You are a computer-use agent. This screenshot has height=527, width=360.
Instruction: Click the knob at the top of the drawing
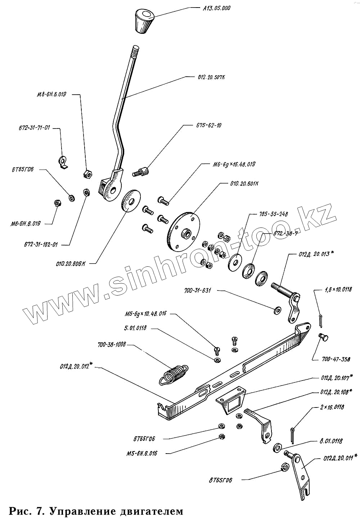coord(144,21)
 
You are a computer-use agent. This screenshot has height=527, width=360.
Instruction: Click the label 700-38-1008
coord(112,345)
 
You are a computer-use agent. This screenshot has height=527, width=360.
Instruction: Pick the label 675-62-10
coord(209,126)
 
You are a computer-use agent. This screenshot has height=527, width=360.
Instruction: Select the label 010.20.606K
coord(71,263)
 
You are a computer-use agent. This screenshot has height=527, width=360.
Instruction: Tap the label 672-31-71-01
coord(34,128)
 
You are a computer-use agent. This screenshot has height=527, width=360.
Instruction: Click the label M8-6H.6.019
coord(51,95)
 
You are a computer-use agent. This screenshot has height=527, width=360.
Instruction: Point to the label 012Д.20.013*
coord(316,254)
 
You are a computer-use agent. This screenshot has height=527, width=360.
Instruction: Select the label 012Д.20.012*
coord(77,367)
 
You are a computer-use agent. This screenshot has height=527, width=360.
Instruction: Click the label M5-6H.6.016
coord(142,453)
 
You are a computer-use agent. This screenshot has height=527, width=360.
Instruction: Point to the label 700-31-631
coord(198,290)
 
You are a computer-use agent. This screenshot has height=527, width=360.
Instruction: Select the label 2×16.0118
coord(331,407)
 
